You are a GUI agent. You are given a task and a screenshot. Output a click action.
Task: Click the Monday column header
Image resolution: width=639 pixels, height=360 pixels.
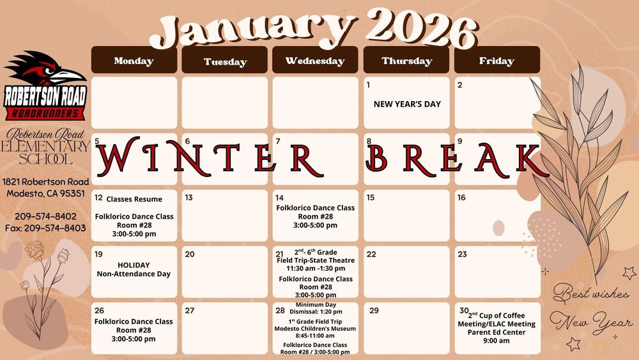134,61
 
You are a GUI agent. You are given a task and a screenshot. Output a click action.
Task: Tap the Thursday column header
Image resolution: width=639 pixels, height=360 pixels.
407,61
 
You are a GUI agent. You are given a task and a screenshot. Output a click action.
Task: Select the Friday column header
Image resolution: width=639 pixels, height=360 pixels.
497,61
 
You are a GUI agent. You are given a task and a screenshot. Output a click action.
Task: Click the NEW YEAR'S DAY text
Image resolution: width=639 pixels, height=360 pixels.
407,104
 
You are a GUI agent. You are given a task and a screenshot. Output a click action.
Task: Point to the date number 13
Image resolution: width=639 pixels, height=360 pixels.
189,198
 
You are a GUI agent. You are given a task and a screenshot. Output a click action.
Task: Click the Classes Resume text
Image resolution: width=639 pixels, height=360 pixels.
134,199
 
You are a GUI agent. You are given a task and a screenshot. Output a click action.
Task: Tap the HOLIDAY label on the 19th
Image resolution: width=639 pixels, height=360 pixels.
134,265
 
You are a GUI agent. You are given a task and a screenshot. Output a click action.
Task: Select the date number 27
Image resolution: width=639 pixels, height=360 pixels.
189,310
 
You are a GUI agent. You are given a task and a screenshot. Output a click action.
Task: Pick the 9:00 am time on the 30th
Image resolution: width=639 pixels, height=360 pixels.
496,341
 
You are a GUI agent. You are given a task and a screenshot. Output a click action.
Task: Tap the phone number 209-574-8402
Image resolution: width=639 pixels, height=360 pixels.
45,216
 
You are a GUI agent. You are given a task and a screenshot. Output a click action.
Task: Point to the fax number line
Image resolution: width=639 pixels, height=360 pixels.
45,228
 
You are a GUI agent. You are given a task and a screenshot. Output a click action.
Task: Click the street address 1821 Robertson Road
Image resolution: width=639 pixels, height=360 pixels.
45,182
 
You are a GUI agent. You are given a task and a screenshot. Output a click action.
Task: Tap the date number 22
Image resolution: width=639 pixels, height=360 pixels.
371,254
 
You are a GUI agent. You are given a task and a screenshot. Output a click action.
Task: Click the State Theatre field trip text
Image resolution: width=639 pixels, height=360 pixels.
316,260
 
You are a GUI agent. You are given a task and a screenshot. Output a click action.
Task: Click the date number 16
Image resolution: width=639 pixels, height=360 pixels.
461,198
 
